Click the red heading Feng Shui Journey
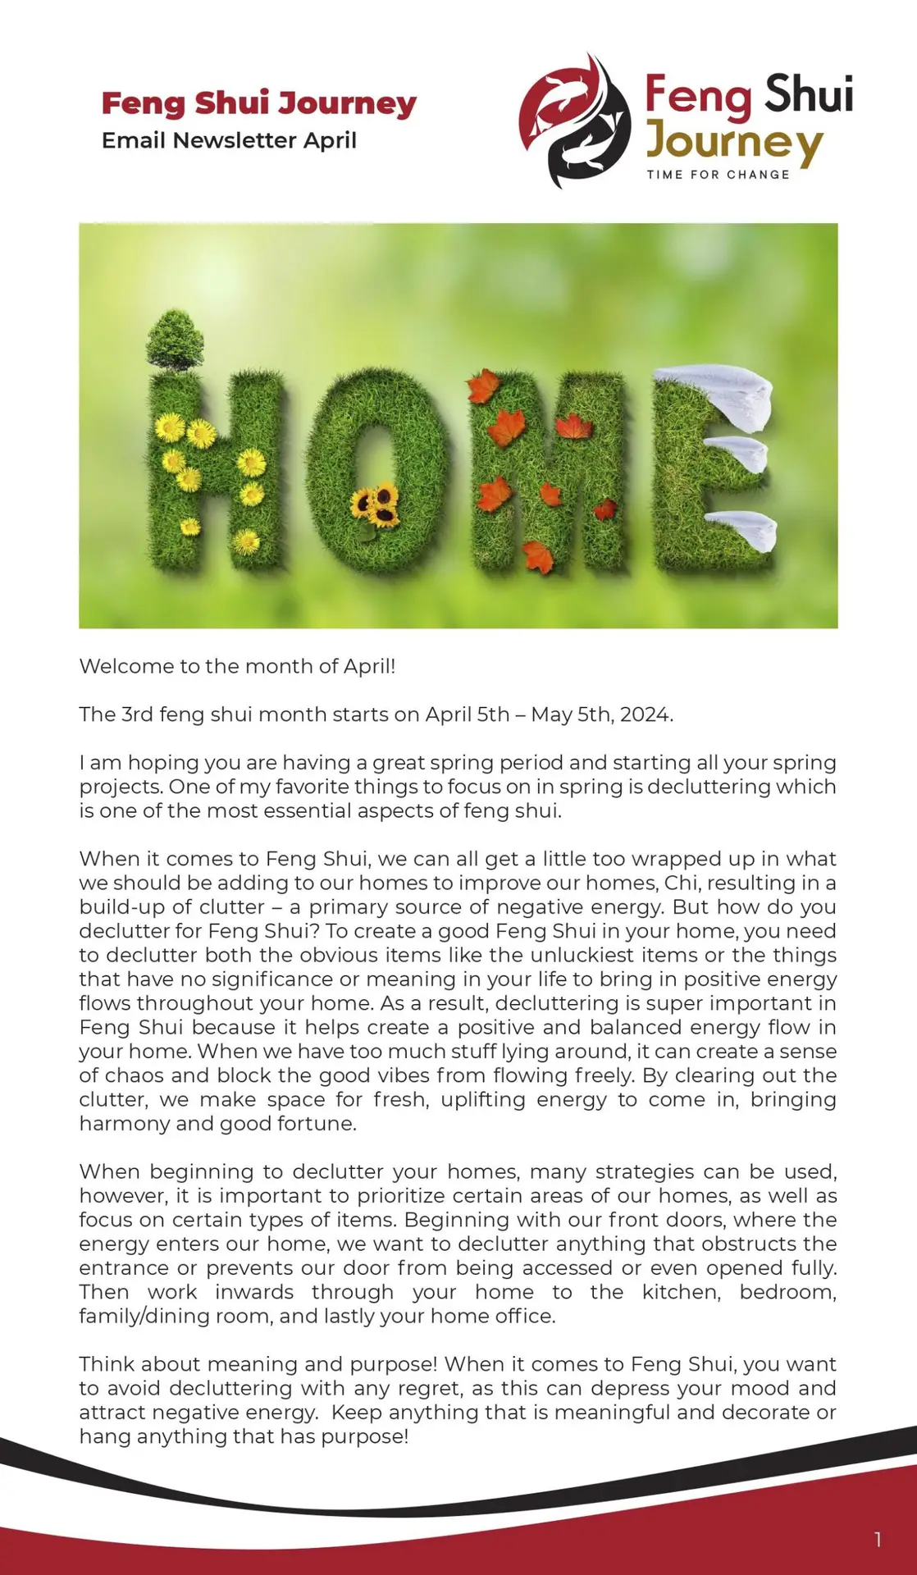(258, 104)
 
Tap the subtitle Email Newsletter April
(229, 140)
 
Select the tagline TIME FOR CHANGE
(718, 175)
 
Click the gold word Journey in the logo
(733, 144)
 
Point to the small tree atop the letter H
(175, 339)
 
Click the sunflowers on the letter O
(376, 504)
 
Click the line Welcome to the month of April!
(237, 666)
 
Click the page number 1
(878, 1540)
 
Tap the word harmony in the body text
(124, 1124)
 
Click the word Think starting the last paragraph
(107, 1364)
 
